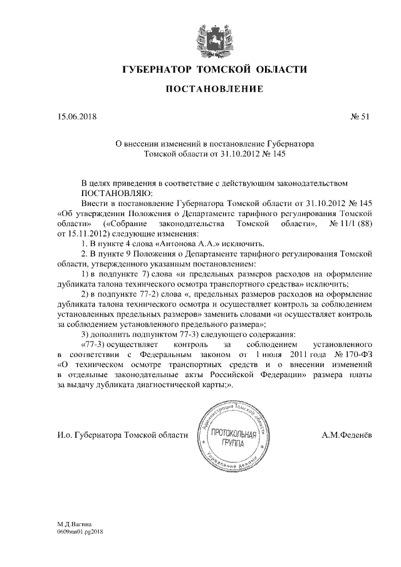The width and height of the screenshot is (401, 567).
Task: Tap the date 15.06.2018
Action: click(x=74, y=117)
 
